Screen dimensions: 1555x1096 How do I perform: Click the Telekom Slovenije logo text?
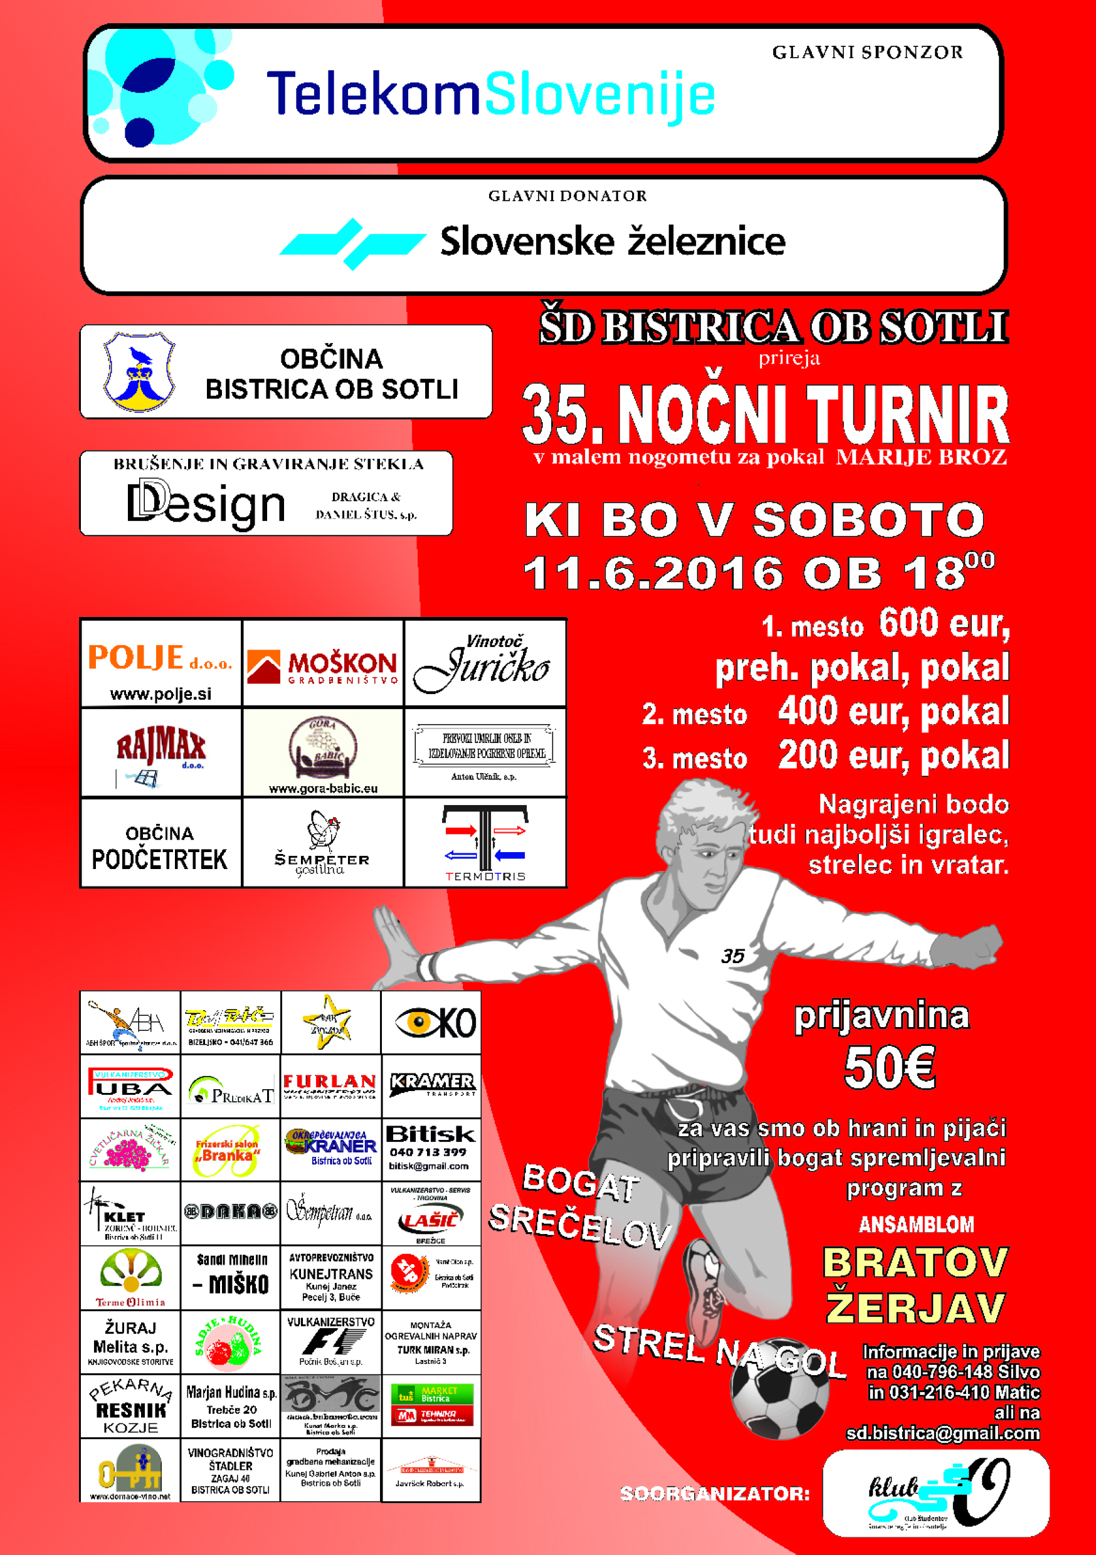pos(490,95)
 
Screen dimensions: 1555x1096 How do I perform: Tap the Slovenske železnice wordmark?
pos(613,242)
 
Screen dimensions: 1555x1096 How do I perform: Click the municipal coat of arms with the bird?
pos(139,372)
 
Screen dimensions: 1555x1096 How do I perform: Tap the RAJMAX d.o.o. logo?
pos(161,752)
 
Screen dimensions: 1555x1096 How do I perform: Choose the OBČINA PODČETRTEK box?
pos(161,844)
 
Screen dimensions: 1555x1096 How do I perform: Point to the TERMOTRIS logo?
pos(485,843)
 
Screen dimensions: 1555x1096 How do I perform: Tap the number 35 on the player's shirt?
pos(732,956)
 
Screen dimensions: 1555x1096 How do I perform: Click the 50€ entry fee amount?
pos(889,1068)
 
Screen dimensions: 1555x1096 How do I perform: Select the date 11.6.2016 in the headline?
pos(654,573)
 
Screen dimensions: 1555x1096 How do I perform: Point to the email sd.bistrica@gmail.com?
pos(942,1434)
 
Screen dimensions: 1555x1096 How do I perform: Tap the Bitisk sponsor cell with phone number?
pos(430,1149)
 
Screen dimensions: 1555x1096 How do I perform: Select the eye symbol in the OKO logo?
pos(415,1022)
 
